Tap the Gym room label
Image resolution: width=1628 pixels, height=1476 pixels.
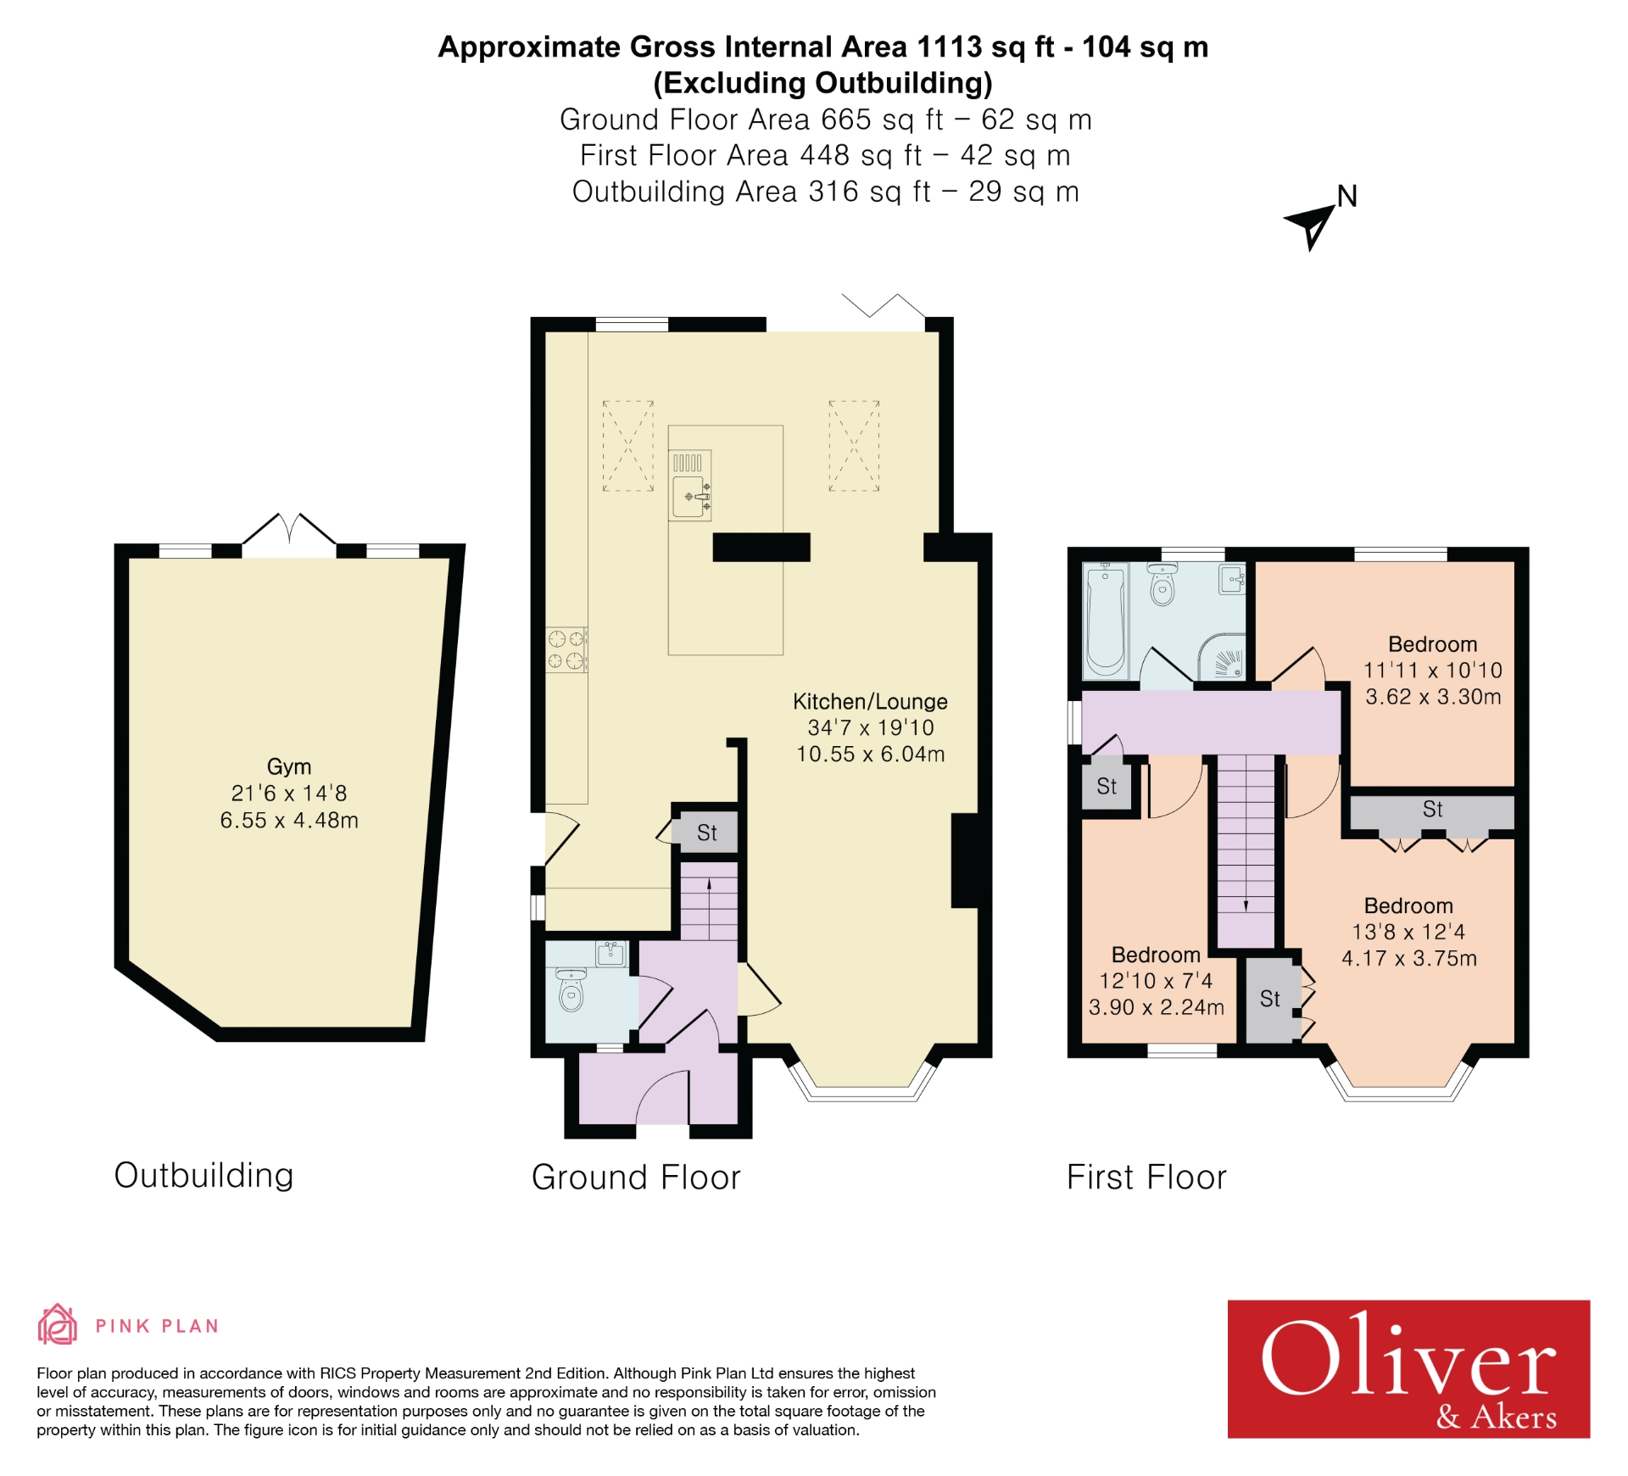pyautogui.click(x=289, y=766)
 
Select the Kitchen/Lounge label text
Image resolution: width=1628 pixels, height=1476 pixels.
pyautogui.click(x=869, y=702)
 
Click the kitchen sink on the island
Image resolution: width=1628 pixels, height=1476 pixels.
pyautogui.click(x=689, y=495)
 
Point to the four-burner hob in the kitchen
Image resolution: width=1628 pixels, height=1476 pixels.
pyautogui.click(x=566, y=650)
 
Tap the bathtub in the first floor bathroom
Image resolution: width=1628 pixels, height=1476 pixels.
pyautogui.click(x=1105, y=621)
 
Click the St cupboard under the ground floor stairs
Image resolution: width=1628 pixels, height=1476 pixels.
pyautogui.click(x=706, y=833)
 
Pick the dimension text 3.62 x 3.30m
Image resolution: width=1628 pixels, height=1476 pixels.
pyautogui.click(x=1432, y=697)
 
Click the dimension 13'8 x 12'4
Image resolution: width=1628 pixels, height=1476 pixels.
pyautogui.click(x=1408, y=932)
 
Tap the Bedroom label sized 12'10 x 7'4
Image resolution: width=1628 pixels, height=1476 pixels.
pyautogui.click(x=1155, y=955)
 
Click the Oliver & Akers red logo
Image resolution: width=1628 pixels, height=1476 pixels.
pyautogui.click(x=1408, y=1368)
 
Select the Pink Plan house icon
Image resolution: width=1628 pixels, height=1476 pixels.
pyautogui.click(x=57, y=1325)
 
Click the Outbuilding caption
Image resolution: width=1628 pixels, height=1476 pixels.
pyautogui.click(x=203, y=1175)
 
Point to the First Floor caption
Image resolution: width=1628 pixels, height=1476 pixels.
pyautogui.click(x=1146, y=1177)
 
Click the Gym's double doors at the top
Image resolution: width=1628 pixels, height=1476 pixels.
pyautogui.click(x=289, y=532)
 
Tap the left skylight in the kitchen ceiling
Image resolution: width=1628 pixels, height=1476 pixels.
pyautogui.click(x=627, y=446)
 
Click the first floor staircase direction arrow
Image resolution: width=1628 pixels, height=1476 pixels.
pyautogui.click(x=1246, y=905)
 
